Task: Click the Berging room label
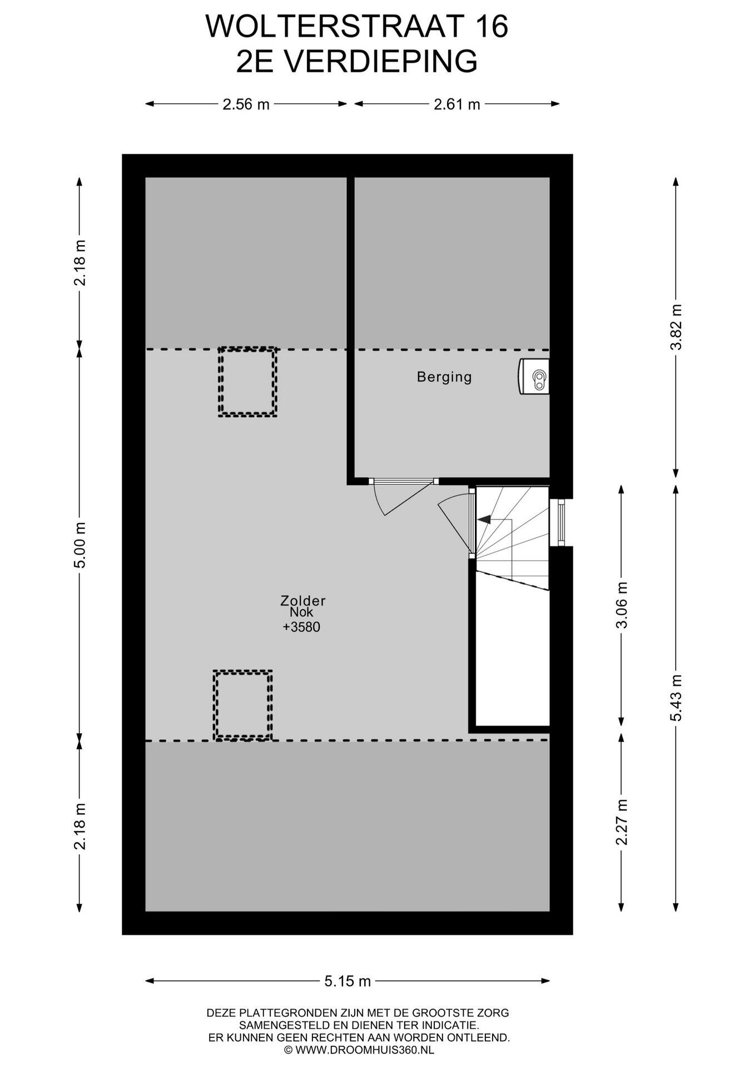444,377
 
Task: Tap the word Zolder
302,601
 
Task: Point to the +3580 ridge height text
301,627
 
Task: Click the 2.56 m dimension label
246,104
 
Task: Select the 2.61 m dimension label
457,104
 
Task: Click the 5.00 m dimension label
81,545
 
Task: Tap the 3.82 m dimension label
676,327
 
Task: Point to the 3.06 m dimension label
622,605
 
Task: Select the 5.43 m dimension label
676,698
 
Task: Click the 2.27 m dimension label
622,822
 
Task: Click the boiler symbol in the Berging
534,377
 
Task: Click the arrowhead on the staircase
484,520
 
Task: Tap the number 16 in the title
492,27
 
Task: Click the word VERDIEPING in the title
381,61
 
